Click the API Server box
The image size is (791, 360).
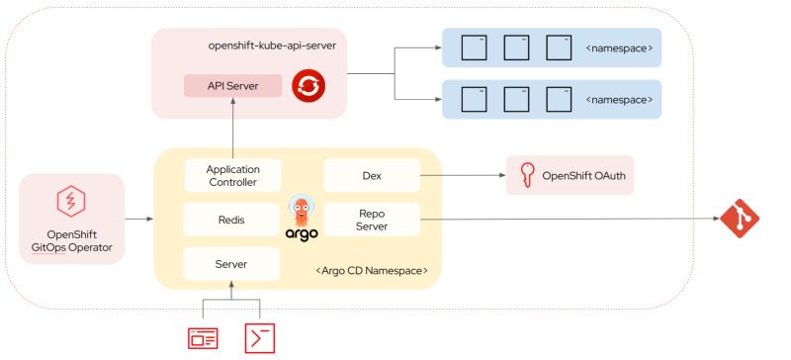point(232,86)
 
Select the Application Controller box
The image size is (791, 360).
point(232,176)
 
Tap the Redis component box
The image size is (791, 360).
point(231,220)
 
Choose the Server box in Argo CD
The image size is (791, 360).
point(231,264)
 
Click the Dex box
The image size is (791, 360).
point(372,176)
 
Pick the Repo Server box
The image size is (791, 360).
point(372,220)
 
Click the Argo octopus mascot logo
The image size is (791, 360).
point(302,212)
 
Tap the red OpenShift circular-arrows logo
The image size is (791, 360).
point(308,87)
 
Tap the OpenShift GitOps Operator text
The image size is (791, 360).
point(72,241)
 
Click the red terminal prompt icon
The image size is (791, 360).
point(260,337)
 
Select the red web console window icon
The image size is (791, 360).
point(203,337)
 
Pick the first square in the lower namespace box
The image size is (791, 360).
point(473,100)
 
